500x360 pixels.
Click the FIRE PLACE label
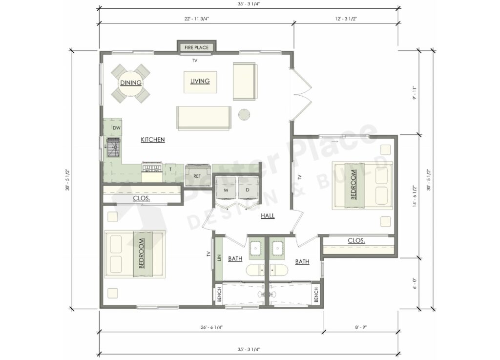[x=196, y=47]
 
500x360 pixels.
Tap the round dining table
[x=130, y=83]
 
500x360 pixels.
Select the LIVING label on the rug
[x=200, y=81]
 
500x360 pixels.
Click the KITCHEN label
[x=153, y=140]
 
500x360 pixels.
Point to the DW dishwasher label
[x=117, y=128]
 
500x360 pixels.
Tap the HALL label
[x=267, y=215]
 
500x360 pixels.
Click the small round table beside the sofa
[x=244, y=114]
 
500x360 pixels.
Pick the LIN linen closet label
[x=219, y=257]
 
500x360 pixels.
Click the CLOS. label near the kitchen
[x=142, y=198]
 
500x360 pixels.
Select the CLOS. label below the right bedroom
[x=356, y=240]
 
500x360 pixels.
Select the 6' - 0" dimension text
[x=414, y=283]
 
